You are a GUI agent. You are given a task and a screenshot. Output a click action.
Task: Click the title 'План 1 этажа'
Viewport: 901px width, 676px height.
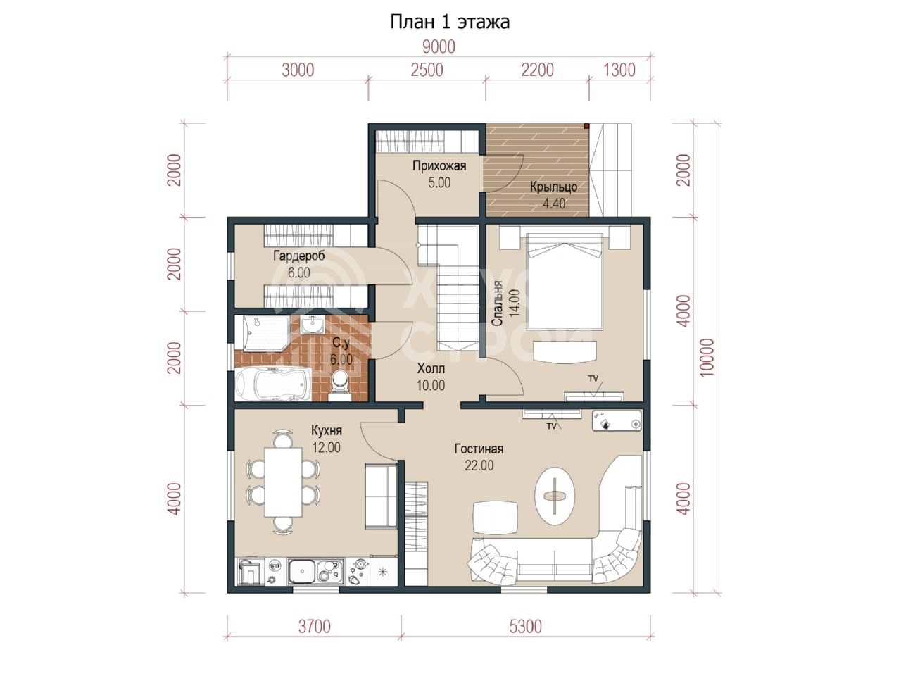[x=450, y=22]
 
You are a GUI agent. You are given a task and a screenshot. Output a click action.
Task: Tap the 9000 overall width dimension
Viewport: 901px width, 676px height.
[x=439, y=47]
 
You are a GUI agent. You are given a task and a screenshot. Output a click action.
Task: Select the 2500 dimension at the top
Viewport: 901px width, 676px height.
[x=427, y=70]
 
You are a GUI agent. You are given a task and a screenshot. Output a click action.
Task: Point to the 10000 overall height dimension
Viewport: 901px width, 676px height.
[x=707, y=358]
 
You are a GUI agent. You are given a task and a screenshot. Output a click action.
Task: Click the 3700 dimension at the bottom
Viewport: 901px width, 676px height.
[x=315, y=627]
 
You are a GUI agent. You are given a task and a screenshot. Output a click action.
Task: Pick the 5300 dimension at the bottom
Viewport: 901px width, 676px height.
[x=526, y=627]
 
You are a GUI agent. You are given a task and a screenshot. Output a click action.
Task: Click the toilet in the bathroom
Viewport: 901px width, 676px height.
[x=340, y=385]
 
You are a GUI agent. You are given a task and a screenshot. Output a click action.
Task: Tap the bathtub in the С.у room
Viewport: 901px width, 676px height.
[x=273, y=383]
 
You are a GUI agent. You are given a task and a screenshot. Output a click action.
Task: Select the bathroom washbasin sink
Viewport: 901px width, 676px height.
[x=313, y=325]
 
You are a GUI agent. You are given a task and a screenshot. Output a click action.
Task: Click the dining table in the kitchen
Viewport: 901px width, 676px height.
[x=283, y=482]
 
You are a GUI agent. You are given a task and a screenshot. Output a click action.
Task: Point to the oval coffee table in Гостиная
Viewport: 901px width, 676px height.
[x=555, y=496]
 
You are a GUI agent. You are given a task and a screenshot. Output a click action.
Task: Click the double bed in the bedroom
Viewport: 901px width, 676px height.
[x=565, y=282]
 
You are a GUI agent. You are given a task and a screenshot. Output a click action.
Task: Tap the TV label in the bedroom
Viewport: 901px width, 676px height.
[x=593, y=378]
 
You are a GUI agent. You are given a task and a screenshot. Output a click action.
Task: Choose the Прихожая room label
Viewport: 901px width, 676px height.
[x=439, y=166]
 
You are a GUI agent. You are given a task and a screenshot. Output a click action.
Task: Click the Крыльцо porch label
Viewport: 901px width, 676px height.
[x=554, y=187]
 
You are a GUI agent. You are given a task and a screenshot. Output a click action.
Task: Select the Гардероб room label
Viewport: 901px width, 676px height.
[x=299, y=256]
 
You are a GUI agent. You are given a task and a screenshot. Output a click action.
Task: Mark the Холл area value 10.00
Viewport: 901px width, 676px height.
[x=431, y=385]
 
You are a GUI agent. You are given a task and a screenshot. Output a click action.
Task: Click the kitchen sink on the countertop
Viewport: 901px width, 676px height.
[x=302, y=571]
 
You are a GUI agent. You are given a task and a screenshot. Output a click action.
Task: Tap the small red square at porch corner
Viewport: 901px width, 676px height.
[x=587, y=126]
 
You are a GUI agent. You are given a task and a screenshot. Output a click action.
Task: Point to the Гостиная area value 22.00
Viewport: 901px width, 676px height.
[x=479, y=465]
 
